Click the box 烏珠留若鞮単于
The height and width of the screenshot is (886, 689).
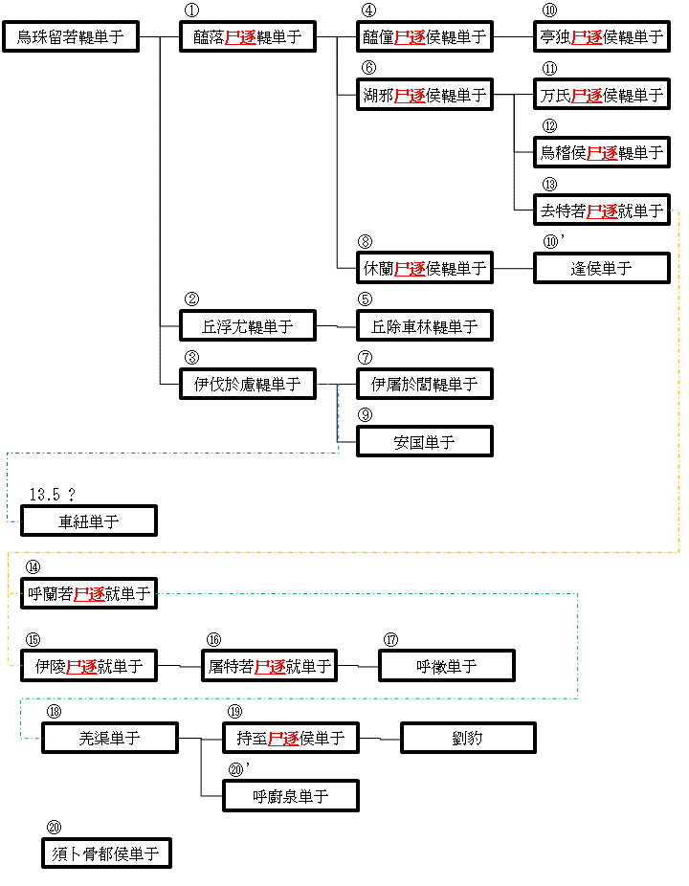(72, 38)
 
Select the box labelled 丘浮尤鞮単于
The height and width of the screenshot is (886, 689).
(248, 326)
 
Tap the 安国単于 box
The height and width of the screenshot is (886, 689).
(425, 442)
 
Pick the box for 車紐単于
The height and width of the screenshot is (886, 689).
(89, 521)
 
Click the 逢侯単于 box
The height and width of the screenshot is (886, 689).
(602, 269)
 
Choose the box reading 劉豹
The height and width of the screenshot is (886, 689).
(468, 738)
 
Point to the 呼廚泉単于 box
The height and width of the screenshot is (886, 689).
(291, 796)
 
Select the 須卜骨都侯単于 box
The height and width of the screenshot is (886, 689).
(106, 853)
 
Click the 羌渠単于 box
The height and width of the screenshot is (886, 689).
(110, 738)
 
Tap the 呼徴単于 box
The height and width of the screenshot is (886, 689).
(447, 666)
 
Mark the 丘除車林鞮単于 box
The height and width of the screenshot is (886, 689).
(425, 326)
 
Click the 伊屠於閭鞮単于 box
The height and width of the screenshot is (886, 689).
(425, 385)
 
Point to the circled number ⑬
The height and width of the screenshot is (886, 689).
(549, 185)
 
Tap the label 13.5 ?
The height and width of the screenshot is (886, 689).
(52, 495)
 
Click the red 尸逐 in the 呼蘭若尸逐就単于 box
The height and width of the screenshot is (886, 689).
(90, 594)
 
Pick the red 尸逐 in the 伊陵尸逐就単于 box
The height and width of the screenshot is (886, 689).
(81, 666)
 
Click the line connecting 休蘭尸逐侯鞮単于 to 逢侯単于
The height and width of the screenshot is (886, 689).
(513, 269)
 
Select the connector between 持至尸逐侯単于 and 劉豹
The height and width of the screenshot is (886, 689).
(379, 739)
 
